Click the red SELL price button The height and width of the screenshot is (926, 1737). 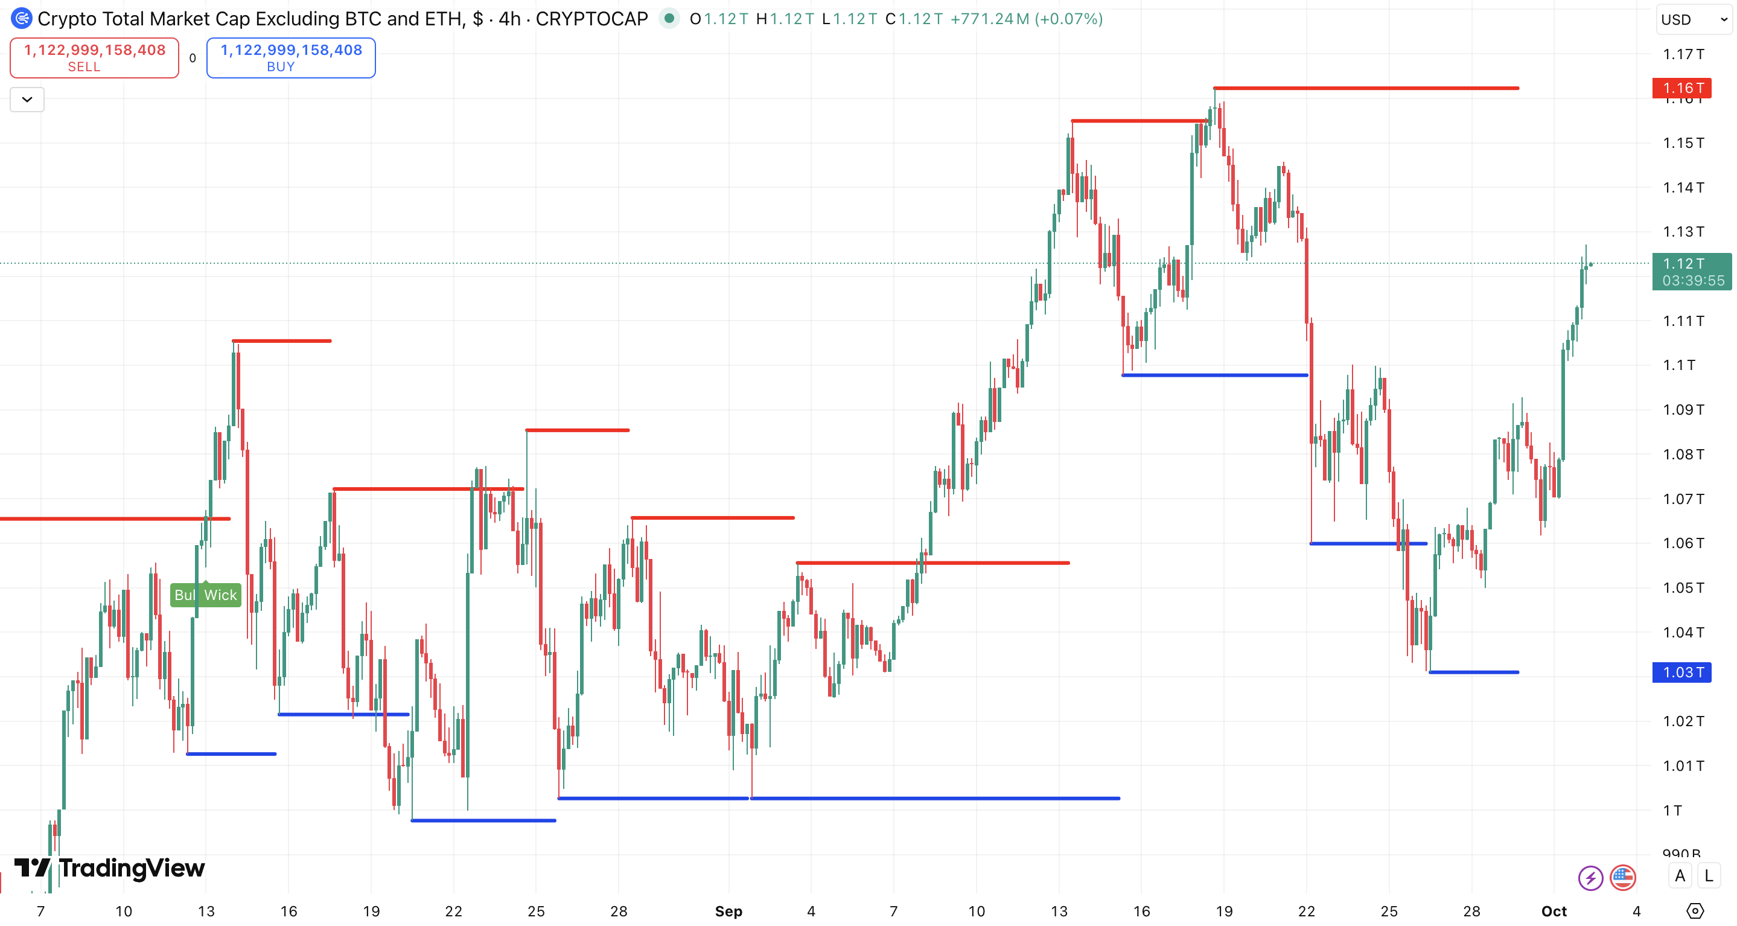[94, 57]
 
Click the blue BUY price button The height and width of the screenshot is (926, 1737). [291, 57]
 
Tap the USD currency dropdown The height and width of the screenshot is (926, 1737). [1692, 19]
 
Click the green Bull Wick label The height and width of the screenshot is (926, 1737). [205, 595]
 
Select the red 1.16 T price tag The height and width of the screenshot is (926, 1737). [1681, 88]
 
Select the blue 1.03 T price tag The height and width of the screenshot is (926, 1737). [1681, 672]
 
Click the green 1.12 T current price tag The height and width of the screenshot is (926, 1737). [1691, 272]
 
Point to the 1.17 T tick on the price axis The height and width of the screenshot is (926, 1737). [1683, 54]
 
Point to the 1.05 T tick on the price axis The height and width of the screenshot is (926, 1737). [1683, 587]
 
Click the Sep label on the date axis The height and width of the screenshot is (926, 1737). [728, 911]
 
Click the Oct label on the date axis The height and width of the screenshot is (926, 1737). [1554, 911]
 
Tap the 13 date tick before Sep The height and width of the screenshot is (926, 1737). [206, 911]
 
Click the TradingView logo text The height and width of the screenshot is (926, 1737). [132, 868]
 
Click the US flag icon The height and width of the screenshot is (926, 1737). [1622, 878]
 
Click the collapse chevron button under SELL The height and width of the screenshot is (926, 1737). [27, 100]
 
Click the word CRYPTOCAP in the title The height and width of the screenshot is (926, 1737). [591, 19]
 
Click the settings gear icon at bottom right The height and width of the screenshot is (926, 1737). [1695, 911]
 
